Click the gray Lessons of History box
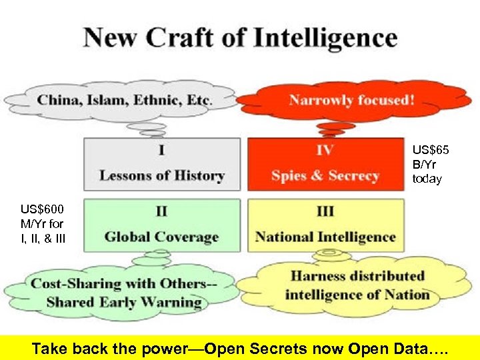[161, 164]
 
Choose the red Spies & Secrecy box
[325, 164]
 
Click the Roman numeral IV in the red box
[325, 150]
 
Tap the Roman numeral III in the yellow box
[325, 211]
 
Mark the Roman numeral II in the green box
[161, 211]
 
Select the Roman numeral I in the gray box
[161, 150]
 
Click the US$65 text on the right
[430, 151]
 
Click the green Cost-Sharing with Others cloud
[123, 293]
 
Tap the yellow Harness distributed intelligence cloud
[357, 285]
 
